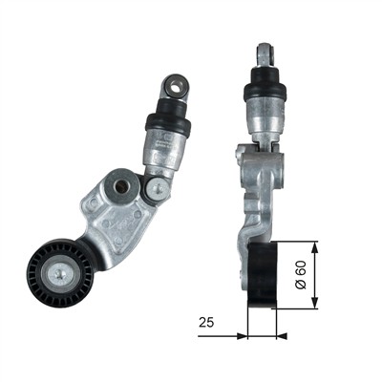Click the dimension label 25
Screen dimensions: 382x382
click(206, 323)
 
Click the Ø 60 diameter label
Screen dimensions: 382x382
click(301, 275)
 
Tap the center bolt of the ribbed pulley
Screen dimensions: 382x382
click(60, 273)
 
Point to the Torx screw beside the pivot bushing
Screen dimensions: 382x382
click(158, 189)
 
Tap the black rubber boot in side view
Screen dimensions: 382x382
click(265, 83)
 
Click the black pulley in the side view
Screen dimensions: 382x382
click(263, 275)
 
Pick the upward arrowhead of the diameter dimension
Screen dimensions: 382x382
click(314, 247)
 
